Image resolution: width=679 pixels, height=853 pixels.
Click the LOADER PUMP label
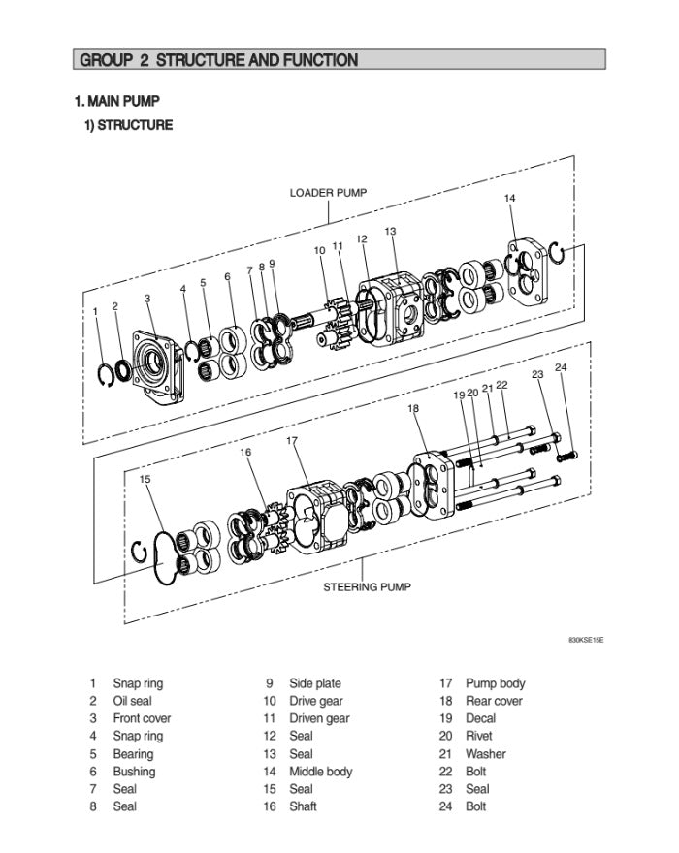pyautogui.click(x=328, y=192)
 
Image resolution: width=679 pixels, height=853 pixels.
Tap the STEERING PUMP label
pyautogui.click(x=367, y=586)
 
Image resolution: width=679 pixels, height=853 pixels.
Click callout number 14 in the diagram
pyautogui.click(x=509, y=199)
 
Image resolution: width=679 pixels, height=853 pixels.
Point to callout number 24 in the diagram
pyautogui.click(x=561, y=368)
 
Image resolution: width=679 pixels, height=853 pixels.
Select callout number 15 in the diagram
pyautogui.click(x=145, y=479)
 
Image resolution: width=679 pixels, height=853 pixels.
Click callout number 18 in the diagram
pyautogui.click(x=414, y=409)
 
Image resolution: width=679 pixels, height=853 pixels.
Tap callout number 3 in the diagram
pyautogui.click(x=147, y=299)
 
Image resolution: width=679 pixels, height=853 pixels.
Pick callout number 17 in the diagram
pyautogui.click(x=292, y=441)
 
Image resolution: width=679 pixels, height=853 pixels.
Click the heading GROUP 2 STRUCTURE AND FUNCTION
pyautogui.click(x=218, y=60)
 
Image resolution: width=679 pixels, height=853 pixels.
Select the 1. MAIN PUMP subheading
pyautogui.click(x=117, y=101)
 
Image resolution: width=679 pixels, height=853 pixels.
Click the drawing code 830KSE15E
pyautogui.click(x=586, y=641)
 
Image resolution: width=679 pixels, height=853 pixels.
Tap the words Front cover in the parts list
pyautogui.click(x=142, y=718)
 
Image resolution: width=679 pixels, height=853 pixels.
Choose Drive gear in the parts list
pyautogui.click(x=316, y=701)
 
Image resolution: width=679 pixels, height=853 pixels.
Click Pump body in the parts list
pyautogui.click(x=495, y=683)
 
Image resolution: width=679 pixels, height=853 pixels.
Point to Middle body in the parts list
pyautogui.click(x=321, y=772)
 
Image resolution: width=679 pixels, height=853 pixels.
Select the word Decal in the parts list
pyautogui.click(x=480, y=718)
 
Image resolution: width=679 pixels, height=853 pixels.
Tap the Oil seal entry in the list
pyautogui.click(x=132, y=701)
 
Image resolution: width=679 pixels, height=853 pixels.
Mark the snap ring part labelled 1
pyautogui.click(x=107, y=374)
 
